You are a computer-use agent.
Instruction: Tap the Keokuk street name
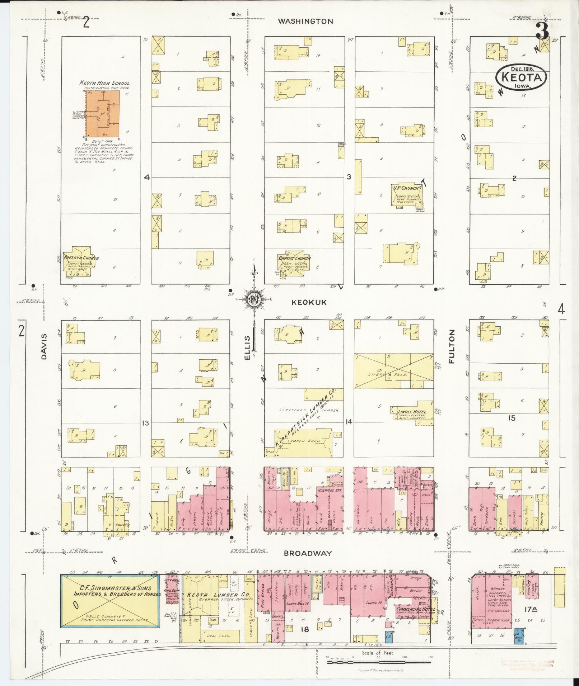(x=304, y=303)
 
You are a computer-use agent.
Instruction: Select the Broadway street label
(x=308, y=553)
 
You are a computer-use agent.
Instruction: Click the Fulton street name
(x=452, y=347)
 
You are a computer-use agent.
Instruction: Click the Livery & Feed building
(x=394, y=371)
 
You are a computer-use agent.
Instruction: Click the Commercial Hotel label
(x=415, y=609)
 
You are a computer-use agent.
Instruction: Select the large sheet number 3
(x=541, y=32)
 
